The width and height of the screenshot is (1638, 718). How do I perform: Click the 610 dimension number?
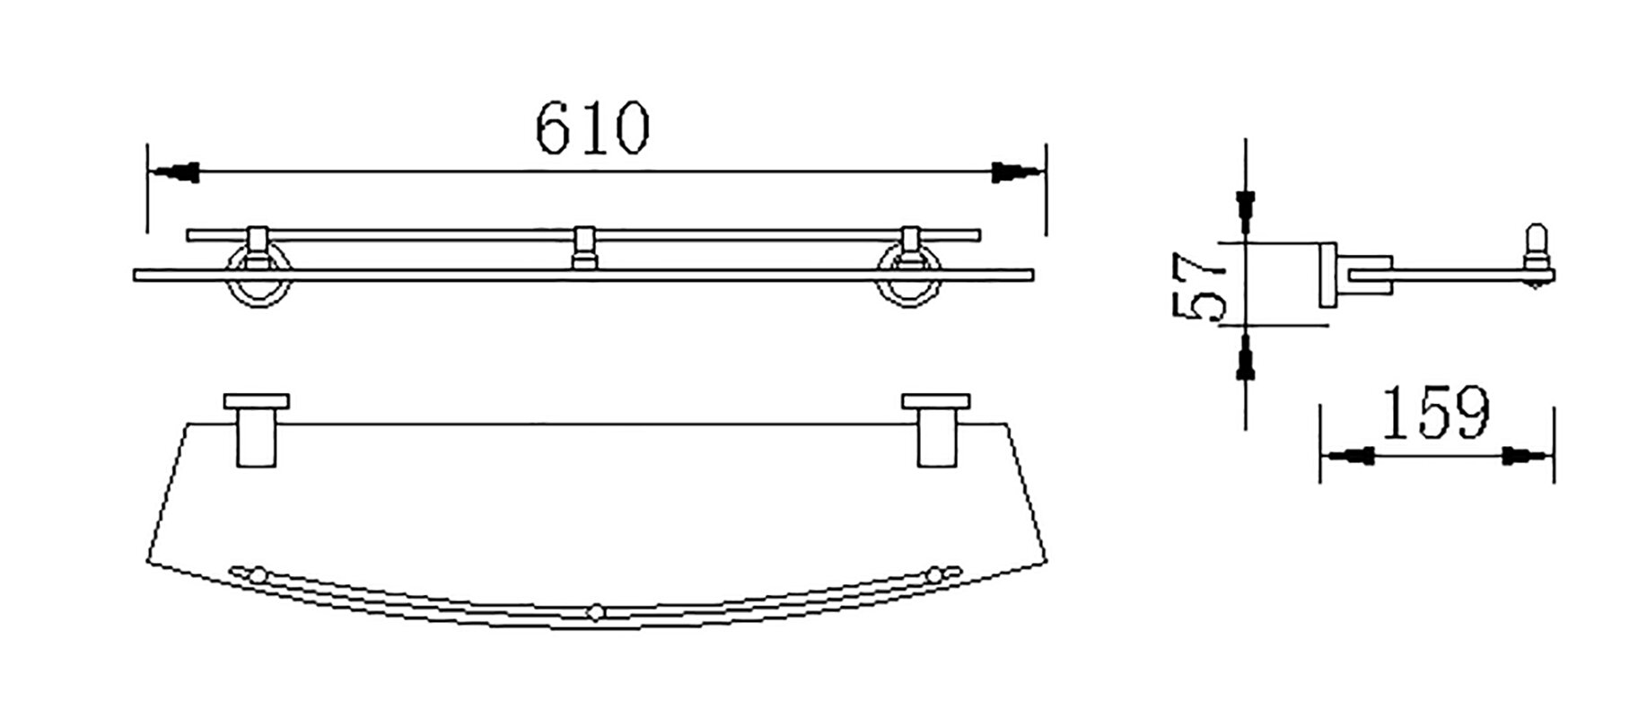pyautogui.click(x=591, y=127)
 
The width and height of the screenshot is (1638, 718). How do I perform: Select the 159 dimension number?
pyautogui.click(x=1433, y=412)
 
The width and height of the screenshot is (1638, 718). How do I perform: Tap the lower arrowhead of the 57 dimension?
pyautogui.click(x=1245, y=356)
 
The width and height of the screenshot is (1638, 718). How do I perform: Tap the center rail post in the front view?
pyautogui.click(x=584, y=248)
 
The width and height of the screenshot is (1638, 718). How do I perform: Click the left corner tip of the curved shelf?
pyautogui.click(x=147, y=562)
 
